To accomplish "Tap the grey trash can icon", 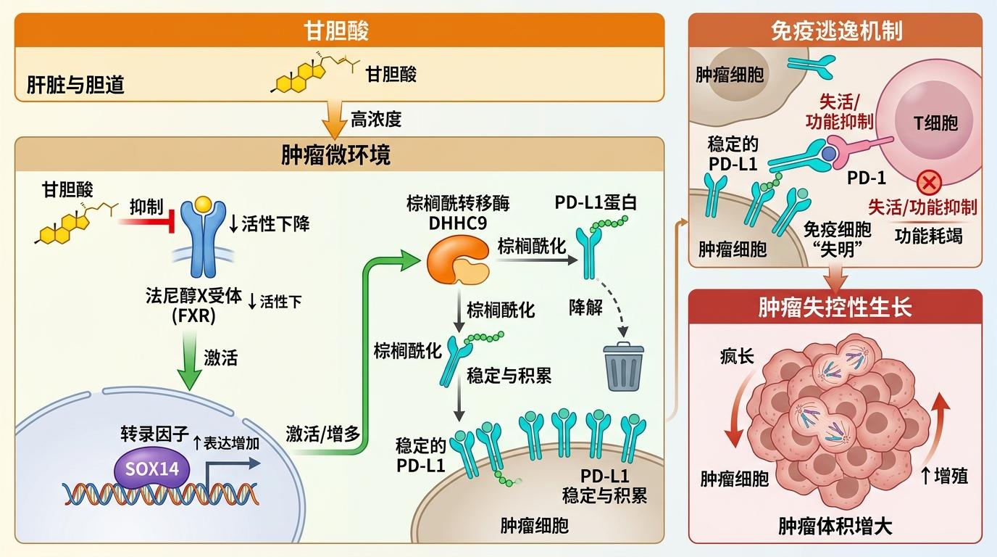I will click(624, 367).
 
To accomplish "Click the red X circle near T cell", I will click(928, 181).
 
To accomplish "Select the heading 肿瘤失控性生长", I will click(835, 307).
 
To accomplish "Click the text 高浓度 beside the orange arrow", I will click(376, 119).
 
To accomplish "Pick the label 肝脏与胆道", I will click(76, 85).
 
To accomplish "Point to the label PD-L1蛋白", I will click(596, 202).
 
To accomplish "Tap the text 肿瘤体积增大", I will click(835, 526).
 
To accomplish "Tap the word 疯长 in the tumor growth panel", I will click(737, 357).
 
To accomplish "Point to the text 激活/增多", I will click(322, 434).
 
